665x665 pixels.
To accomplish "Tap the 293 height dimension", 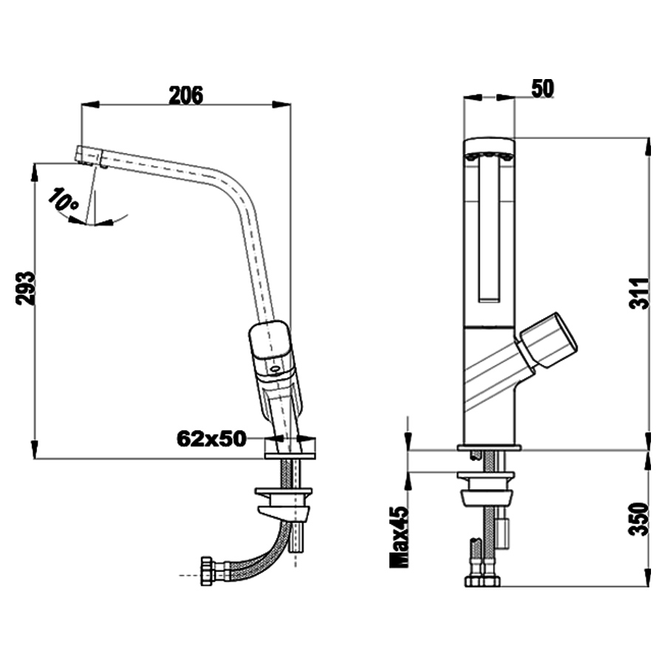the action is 25,288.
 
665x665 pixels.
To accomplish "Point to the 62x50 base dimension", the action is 211,438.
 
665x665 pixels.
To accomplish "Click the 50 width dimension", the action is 542,89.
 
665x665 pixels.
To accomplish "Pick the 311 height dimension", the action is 639,293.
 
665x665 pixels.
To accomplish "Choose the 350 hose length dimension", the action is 639,519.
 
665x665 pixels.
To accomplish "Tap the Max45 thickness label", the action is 399,536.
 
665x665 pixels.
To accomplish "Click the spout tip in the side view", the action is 90,156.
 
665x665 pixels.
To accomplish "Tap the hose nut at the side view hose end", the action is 207,571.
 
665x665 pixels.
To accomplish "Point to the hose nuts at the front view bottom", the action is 482,581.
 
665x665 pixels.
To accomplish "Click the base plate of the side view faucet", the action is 290,449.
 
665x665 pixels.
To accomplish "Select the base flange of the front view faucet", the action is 489,447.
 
